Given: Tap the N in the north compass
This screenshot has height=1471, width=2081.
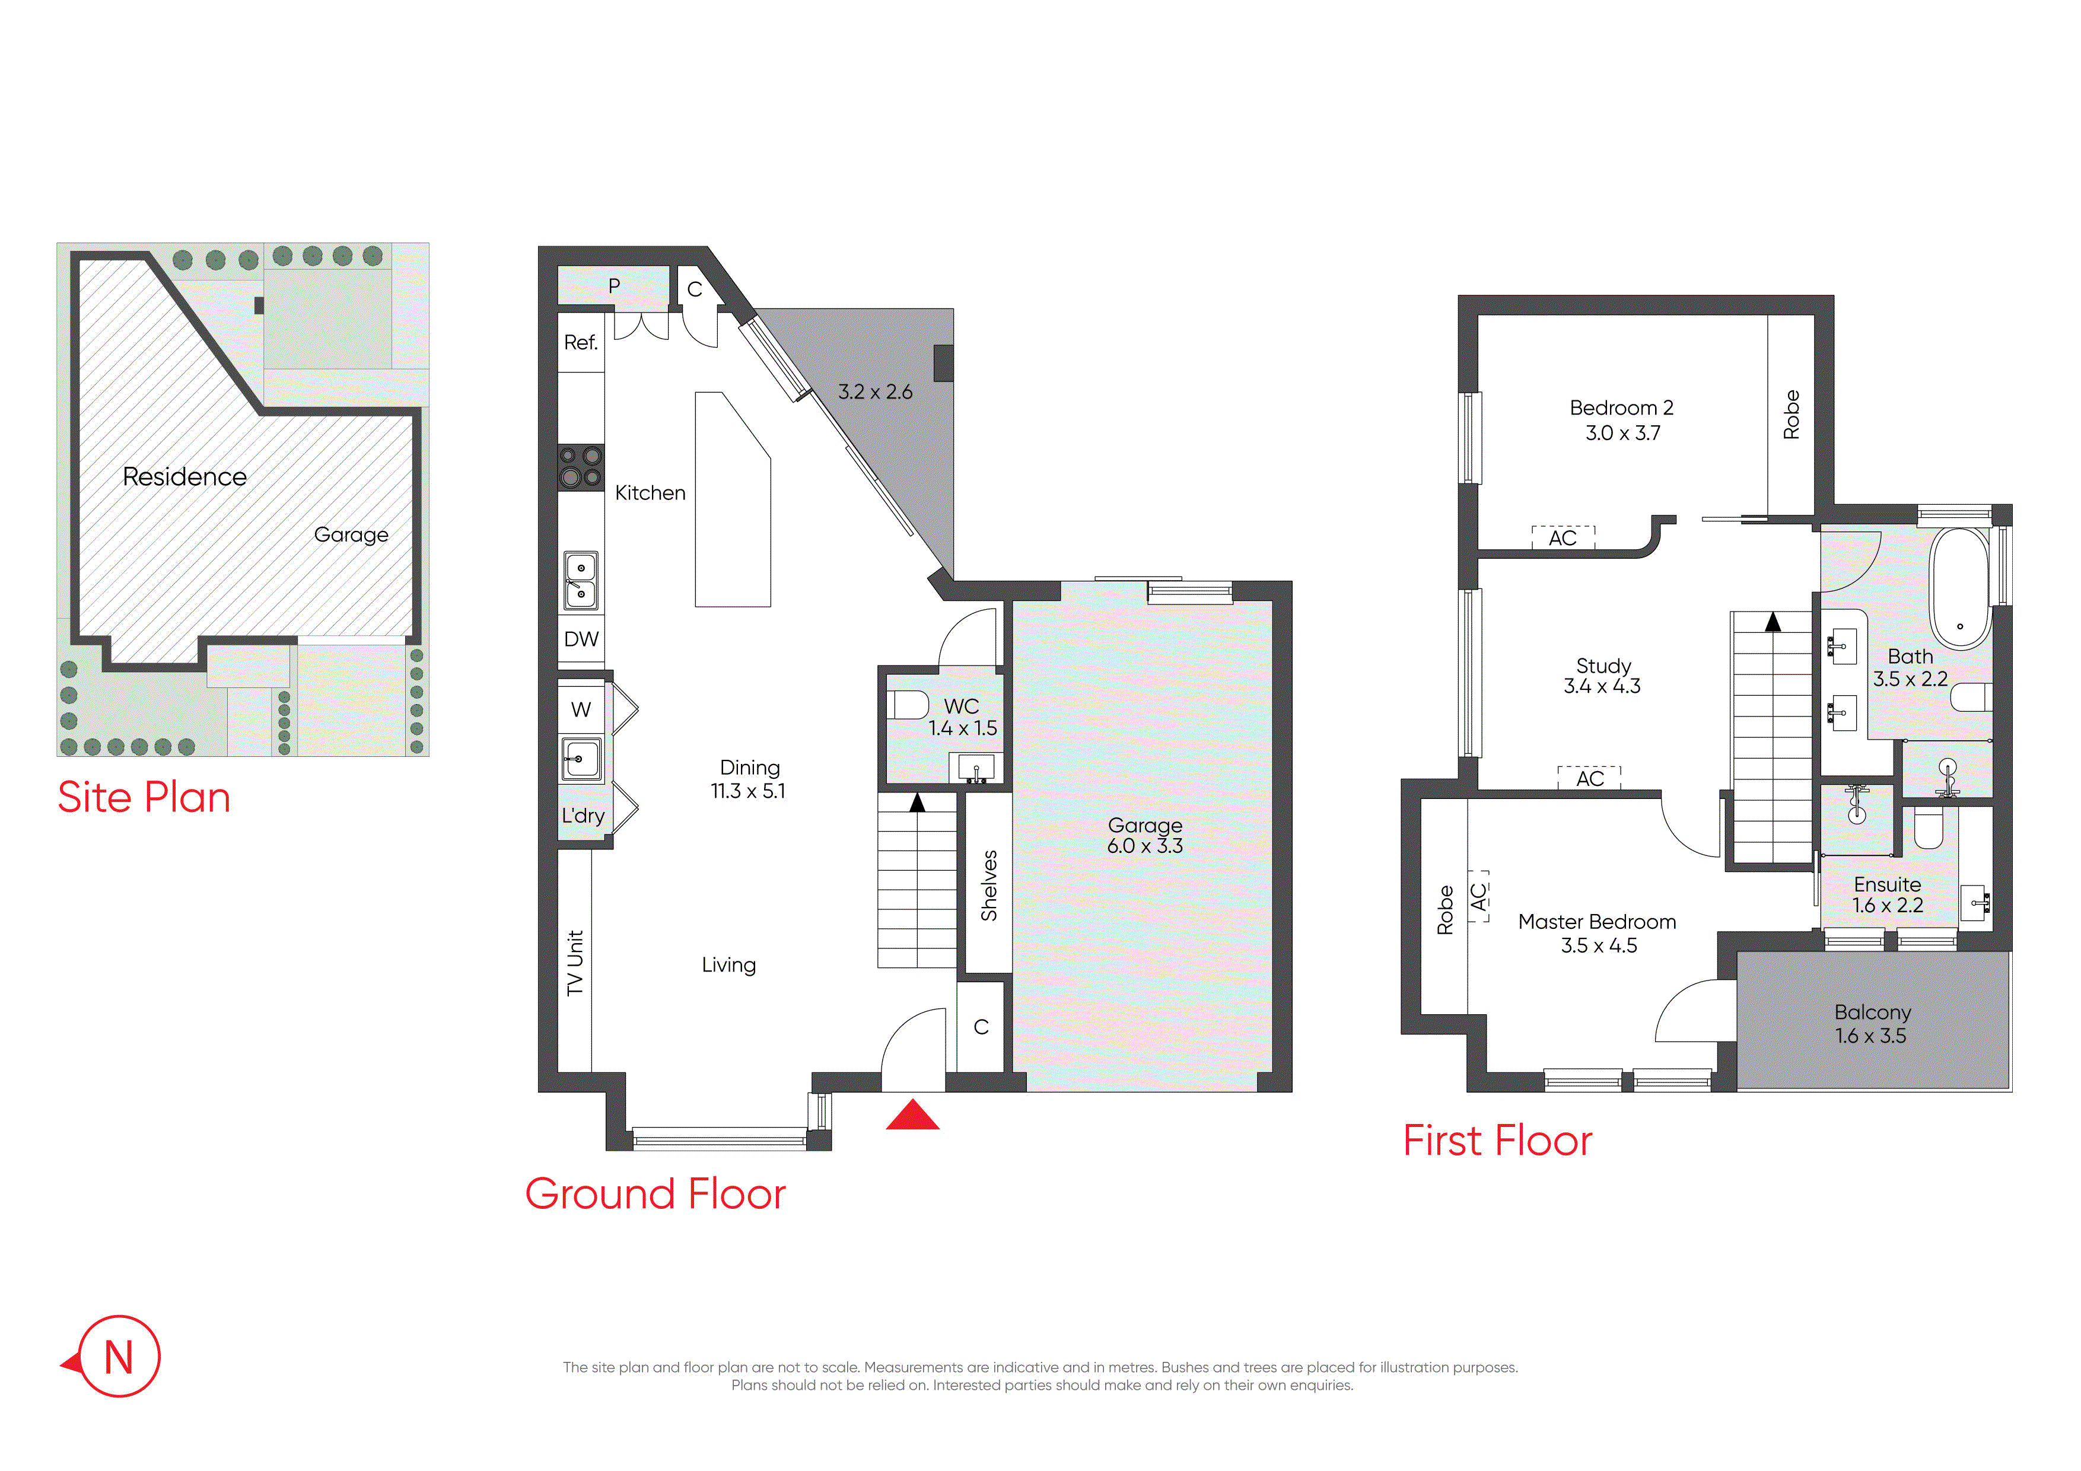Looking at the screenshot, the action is point(119,1358).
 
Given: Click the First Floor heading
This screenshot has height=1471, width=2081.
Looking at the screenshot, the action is point(1497,1140).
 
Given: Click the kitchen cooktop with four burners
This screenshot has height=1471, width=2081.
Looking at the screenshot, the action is point(580,467).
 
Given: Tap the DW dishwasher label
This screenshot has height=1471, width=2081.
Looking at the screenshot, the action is point(581,639).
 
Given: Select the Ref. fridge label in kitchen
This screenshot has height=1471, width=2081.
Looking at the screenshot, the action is point(581,343).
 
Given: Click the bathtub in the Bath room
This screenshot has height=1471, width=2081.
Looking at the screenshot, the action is point(1959,588).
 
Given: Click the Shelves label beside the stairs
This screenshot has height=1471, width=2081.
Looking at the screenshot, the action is point(989,886).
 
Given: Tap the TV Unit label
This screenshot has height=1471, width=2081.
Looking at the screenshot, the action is point(575,963).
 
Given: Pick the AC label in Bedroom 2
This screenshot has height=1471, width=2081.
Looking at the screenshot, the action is point(1563,539).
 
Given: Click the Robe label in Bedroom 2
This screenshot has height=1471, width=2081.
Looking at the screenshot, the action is point(1791,415).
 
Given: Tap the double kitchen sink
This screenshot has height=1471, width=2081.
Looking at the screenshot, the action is point(581,580).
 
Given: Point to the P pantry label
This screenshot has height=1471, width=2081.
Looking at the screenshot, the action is point(613,286).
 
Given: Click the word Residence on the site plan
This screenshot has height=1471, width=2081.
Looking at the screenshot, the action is point(185,477).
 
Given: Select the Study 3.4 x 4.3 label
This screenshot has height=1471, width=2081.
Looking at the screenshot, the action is point(1602,676).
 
